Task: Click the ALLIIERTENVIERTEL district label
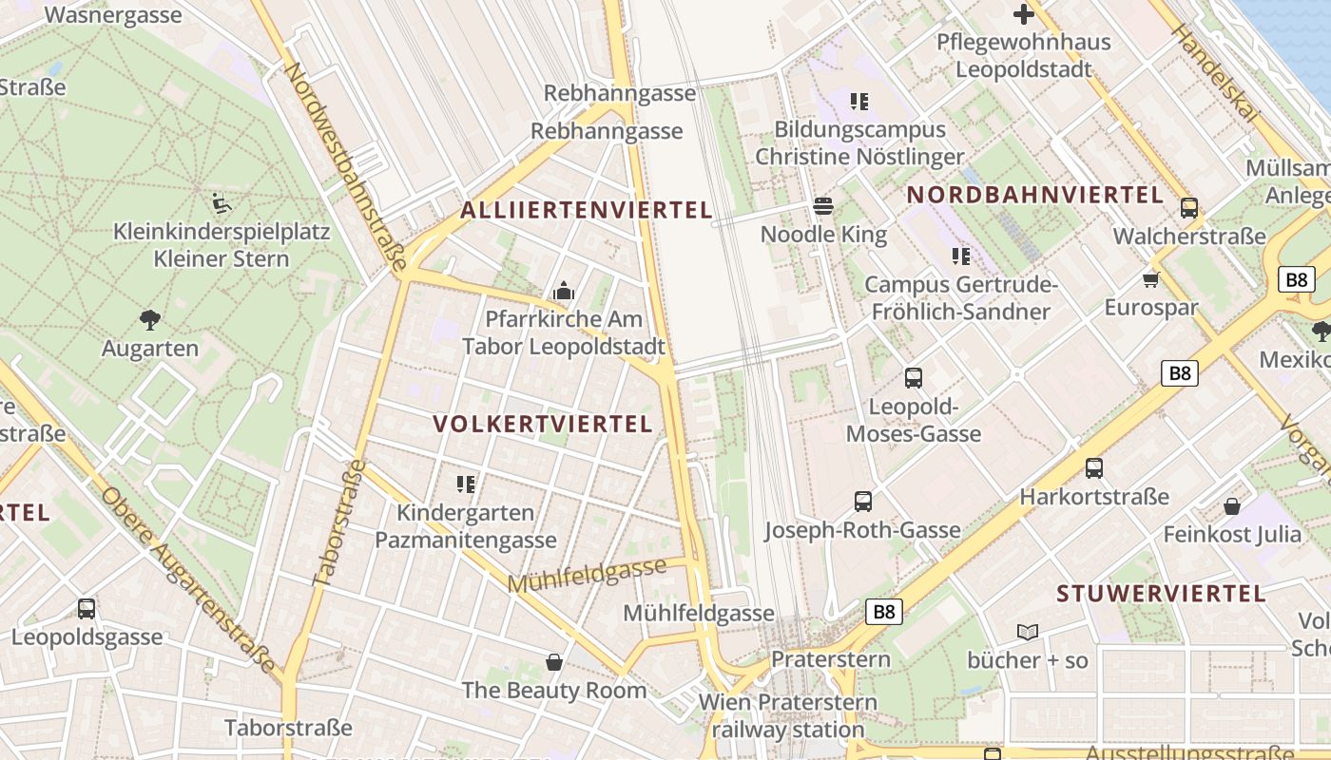(587, 211)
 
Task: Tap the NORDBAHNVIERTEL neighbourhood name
(1035, 196)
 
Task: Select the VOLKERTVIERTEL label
(543, 424)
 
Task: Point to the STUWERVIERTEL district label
(1162, 595)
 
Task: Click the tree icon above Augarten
(149, 320)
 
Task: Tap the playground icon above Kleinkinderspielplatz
(221, 202)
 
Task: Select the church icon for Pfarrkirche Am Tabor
(564, 291)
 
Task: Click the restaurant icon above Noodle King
(823, 206)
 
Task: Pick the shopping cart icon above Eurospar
(1151, 279)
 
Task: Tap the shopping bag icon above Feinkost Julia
(1232, 506)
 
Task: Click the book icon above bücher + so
(1028, 632)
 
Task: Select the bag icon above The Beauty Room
(553, 662)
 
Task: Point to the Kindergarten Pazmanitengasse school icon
(466, 484)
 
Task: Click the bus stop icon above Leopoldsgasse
(87, 609)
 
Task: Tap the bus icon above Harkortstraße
(1094, 468)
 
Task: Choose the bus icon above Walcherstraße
(1188, 208)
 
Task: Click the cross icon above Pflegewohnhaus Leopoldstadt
(1023, 14)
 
